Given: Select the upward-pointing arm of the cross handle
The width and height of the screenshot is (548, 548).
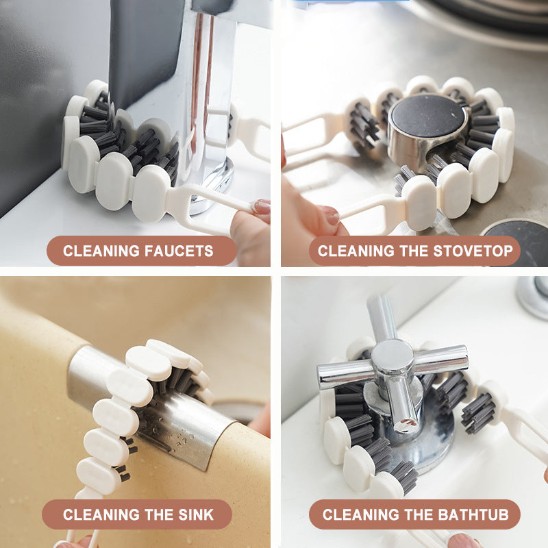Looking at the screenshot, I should [x=381, y=315].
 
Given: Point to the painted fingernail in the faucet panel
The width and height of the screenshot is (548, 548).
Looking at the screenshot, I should [x=262, y=206].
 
